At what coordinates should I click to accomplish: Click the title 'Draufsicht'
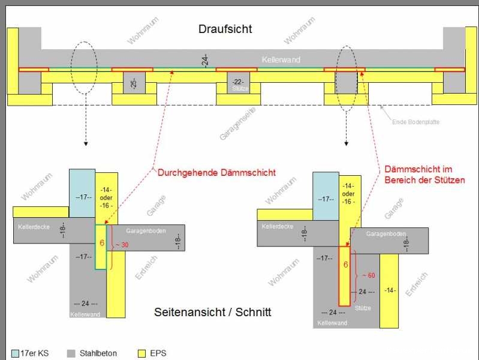[225, 29]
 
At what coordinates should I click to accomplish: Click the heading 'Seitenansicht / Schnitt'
[213, 312]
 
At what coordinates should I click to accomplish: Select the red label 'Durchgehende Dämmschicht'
[216, 172]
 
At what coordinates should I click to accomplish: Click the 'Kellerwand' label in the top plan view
[281, 60]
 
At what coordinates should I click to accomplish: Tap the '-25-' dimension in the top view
[133, 83]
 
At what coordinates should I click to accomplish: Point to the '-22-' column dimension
[238, 82]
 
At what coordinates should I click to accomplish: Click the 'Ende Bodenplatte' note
[416, 122]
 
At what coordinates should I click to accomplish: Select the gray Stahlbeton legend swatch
[71, 353]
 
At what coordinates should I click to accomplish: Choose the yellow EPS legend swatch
[143, 353]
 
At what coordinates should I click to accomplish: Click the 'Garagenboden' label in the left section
[144, 231]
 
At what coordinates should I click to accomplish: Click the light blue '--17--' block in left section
[82, 195]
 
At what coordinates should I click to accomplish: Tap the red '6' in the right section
[345, 264]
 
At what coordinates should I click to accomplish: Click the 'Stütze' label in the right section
[363, 308]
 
